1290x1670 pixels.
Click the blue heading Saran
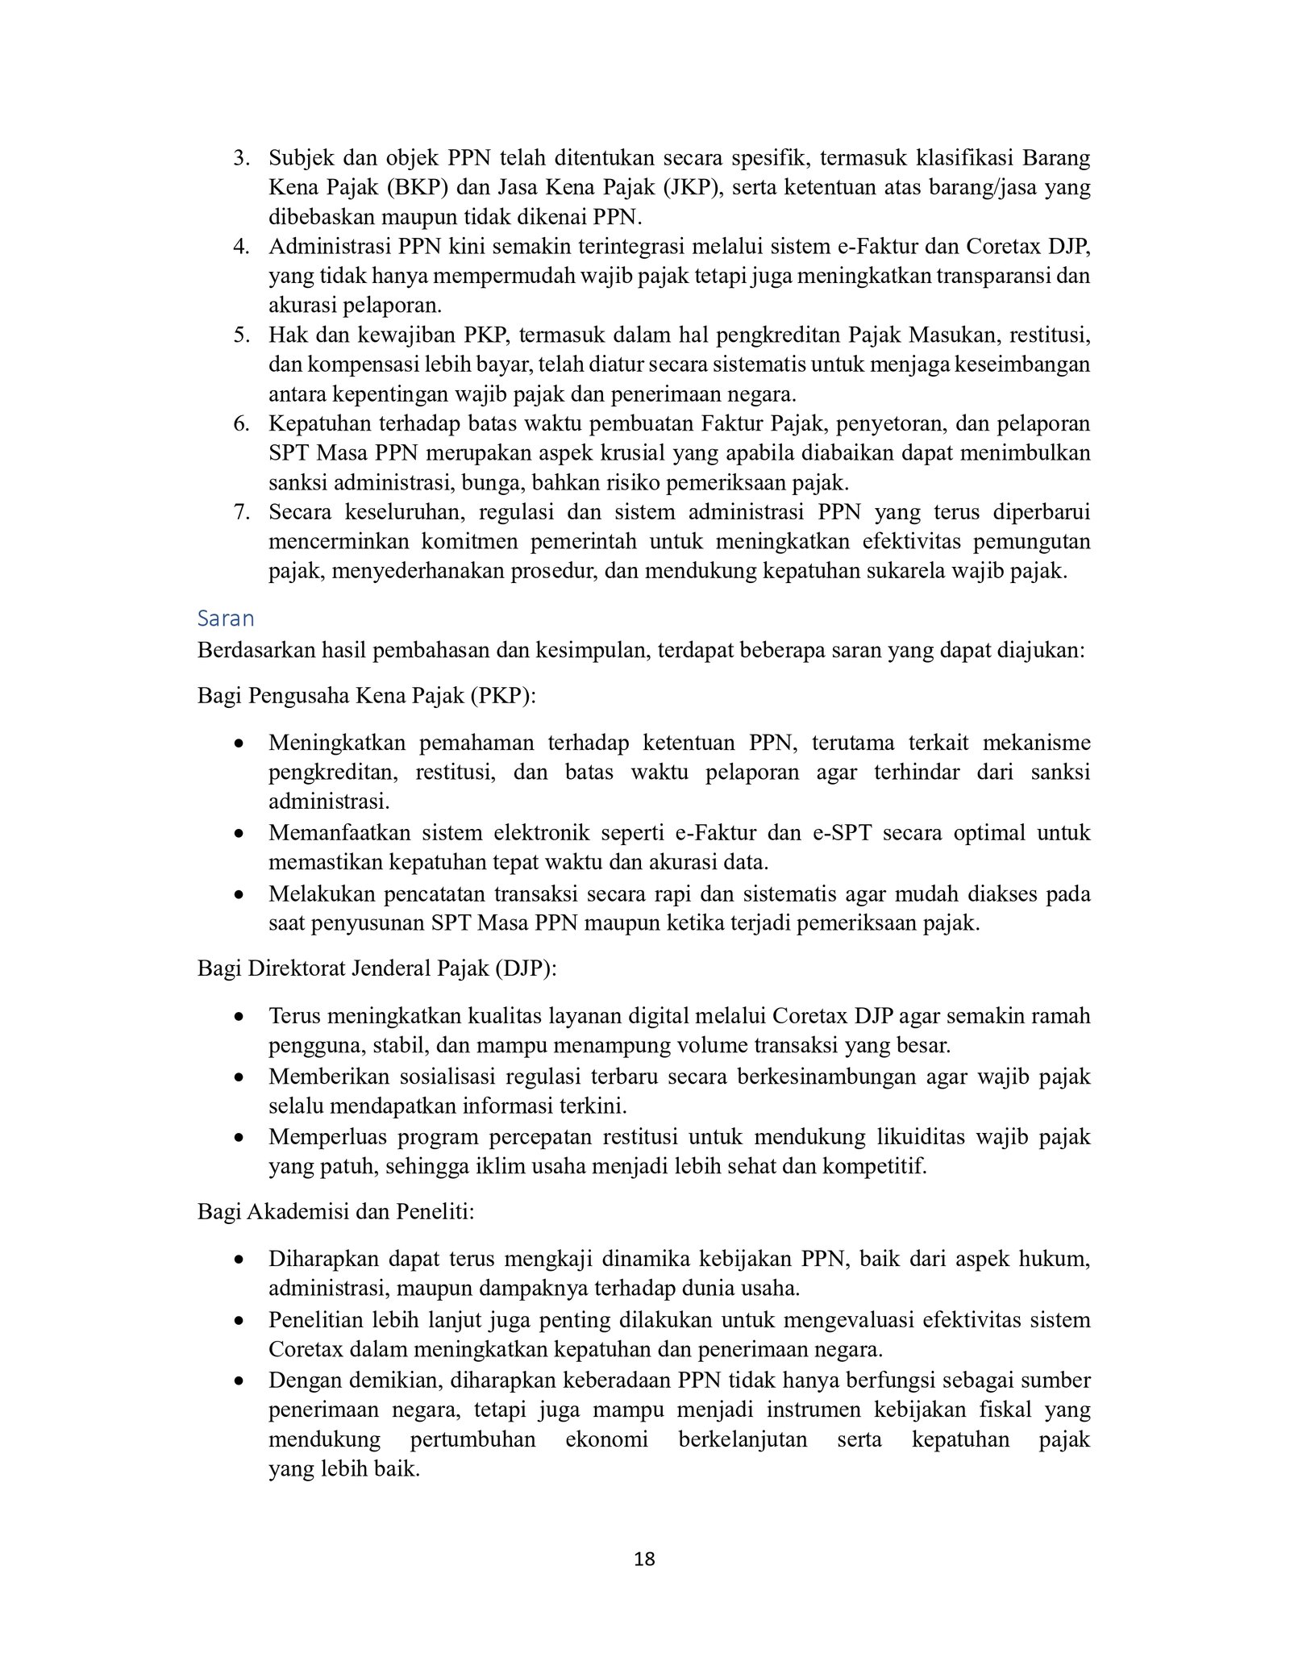pos(226,618)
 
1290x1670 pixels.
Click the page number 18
pos(644,1582)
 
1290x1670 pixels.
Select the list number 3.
pos(240,158)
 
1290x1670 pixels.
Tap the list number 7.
pos(240,512)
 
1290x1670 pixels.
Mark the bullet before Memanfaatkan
pos(239,834)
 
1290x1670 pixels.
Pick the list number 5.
pos(240,335)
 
